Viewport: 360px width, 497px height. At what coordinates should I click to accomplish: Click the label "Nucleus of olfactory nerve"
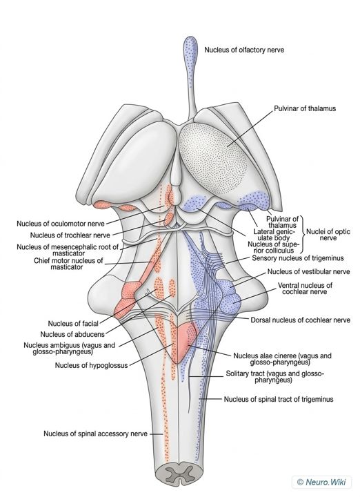[244, 50]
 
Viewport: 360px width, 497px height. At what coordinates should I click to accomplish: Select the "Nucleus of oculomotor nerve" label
[61, 224]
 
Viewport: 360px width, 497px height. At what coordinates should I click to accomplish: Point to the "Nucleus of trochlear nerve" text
[70, 235]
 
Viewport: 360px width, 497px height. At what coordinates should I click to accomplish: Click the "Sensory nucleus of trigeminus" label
[298, 258]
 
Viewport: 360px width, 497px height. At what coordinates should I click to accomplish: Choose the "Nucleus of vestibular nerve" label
[309, 272]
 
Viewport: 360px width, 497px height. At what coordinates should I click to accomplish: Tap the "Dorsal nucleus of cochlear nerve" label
[301, 320]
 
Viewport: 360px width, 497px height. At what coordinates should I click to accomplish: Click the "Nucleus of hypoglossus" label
[92, 365]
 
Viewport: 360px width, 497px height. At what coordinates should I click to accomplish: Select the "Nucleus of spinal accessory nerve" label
[96, 433]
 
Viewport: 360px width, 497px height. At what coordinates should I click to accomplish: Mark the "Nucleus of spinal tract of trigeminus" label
[279, 399]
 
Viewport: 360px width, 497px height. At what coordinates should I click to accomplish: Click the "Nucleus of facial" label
[73, 323]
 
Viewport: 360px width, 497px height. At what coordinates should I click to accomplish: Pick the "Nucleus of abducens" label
[72, 334]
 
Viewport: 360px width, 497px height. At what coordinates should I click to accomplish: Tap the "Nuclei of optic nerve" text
[328, 235]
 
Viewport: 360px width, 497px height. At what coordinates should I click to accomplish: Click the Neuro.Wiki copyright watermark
[321, 482]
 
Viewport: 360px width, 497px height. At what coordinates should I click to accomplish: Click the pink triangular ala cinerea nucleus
[183, 342]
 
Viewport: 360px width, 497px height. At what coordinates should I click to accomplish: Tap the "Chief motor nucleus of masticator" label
[68, 264]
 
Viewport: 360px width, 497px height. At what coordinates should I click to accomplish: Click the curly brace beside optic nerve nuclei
[302, 234]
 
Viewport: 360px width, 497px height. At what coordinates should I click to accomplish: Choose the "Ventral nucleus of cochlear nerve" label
[305, 288]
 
